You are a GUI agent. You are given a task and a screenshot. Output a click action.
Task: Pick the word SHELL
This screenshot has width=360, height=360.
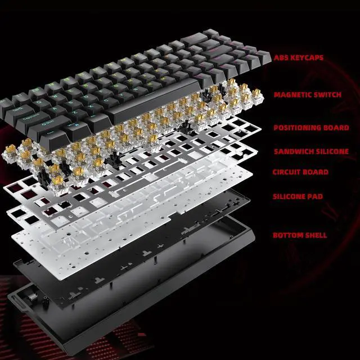[317, 235]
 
